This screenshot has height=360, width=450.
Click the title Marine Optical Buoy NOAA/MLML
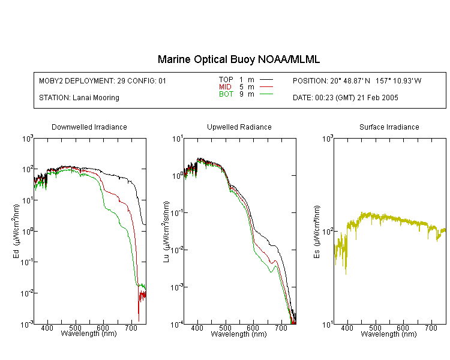(x=238, y=59)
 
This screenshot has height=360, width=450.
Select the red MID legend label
(x=225, y=86)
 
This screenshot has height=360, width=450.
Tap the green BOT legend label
(x=226, y=94)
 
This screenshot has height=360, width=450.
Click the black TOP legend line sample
(x=266, y=80)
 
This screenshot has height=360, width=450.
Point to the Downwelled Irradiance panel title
(x=89, y=127)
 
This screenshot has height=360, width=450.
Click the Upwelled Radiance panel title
(x=239, y=127)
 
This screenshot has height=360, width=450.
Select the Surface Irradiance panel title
(x=389, y=127)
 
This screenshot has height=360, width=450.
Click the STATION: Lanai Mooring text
(x=79, y=98)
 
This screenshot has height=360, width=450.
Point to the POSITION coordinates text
(x=357, y=81)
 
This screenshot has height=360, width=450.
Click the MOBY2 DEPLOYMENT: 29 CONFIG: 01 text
(x=103, y=81)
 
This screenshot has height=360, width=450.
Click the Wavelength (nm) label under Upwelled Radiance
(x=239, y=334)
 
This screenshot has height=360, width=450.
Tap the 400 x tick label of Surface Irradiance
(x=347, y=328)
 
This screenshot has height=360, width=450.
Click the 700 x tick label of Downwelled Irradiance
(x=131, y=328)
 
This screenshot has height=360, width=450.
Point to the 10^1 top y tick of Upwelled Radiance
(x=178, y=139)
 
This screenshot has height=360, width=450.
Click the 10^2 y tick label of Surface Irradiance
(x=328, y=232)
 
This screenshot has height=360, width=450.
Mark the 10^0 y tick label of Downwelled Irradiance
(x=28, y=232)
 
